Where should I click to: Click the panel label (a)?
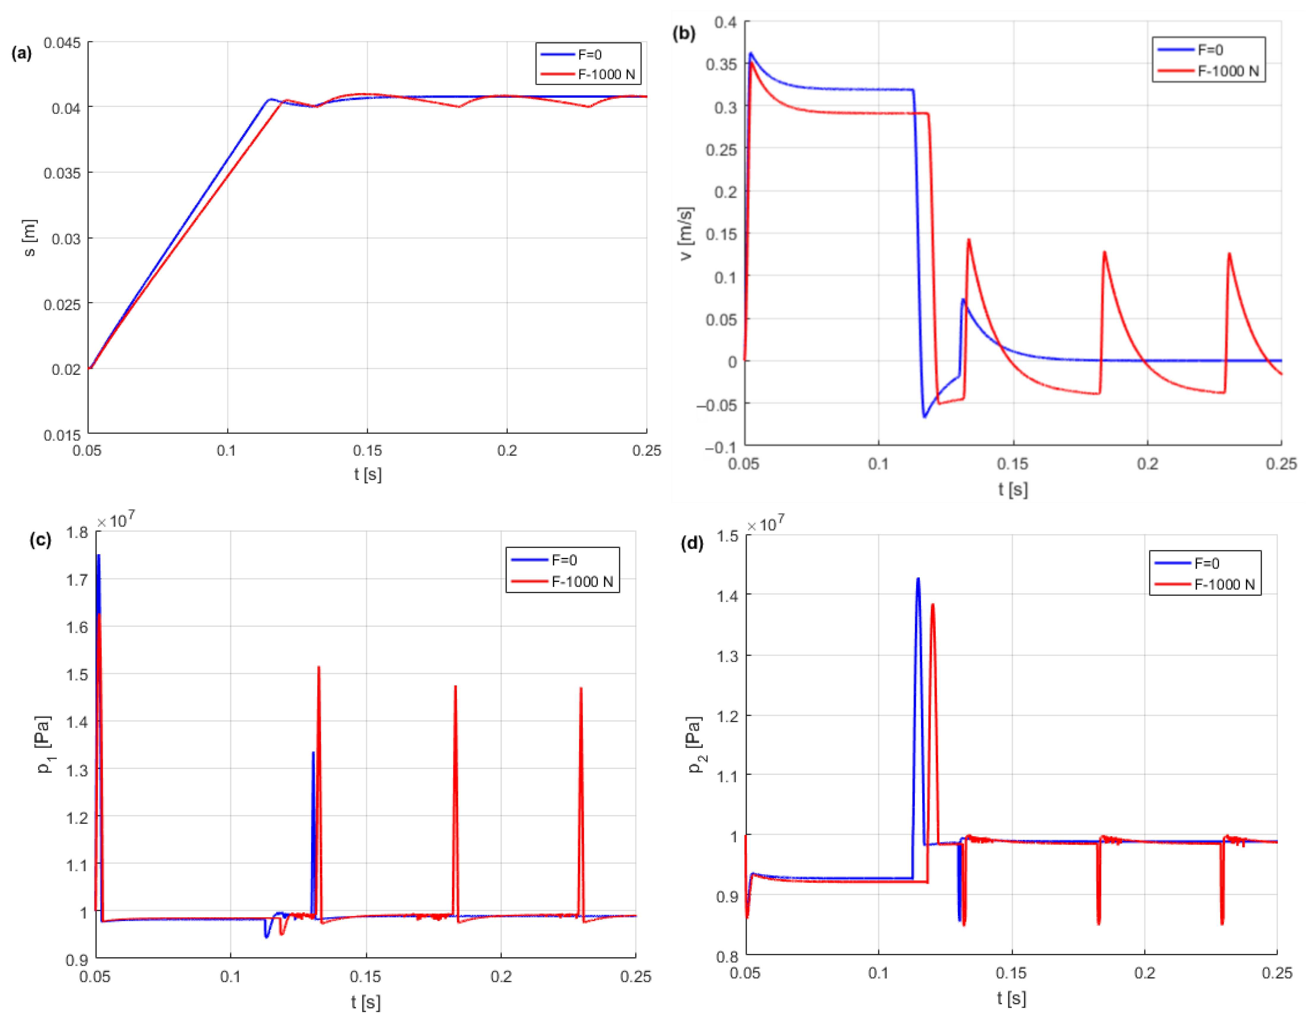(x=22, y=53)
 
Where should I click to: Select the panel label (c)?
(x=40, y=540)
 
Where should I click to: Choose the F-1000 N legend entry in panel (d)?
(x=1224, y=584)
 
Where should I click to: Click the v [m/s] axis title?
(x=686, y=233)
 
